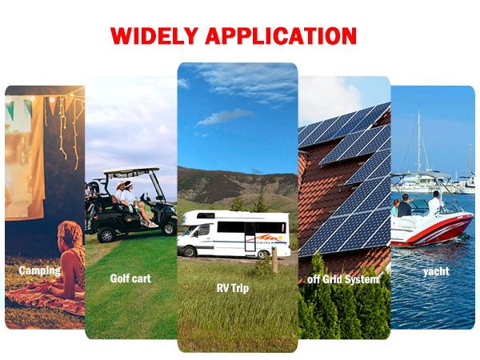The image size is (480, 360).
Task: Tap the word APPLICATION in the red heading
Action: coord(282,36)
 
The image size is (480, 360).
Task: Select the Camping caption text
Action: coord(39,270)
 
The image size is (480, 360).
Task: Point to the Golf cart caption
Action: coord(130,278)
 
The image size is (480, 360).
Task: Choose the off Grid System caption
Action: coord(344,279)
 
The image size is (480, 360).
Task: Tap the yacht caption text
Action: coord(436,271)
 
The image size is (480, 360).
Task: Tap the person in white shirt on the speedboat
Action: coord(434,205)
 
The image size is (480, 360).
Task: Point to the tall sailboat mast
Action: coord(418,144)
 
